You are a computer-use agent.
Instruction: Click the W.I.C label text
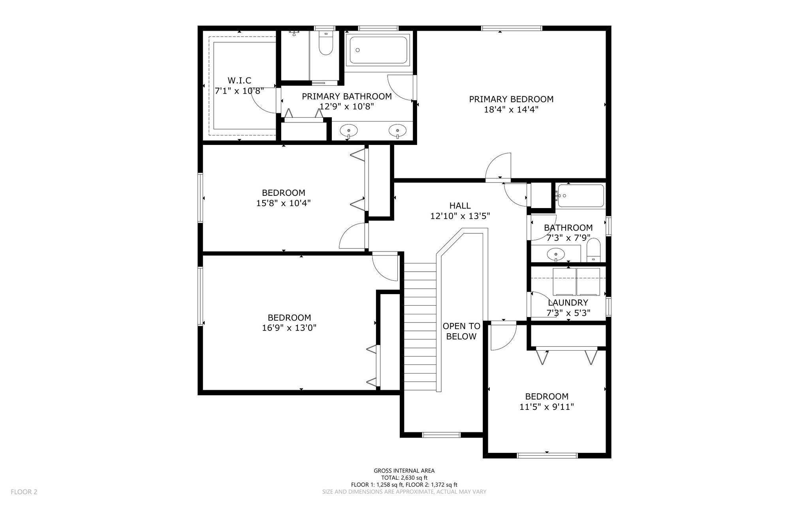click(239, 81)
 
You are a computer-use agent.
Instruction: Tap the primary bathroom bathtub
click(378, 50)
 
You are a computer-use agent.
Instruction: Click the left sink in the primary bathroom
click(349, 130)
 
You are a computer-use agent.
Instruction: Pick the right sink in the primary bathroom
click(397, 130)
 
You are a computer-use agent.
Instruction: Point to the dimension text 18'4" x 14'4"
click(511, 109)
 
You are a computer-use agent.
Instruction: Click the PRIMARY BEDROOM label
click(511, 99)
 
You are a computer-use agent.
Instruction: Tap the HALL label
click(460, 205)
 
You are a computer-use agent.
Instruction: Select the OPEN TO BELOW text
click(461, 331)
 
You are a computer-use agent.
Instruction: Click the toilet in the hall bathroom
click(593, 250)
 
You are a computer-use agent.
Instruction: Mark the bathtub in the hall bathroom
click(580, 195)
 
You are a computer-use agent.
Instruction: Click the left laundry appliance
click(564, 282)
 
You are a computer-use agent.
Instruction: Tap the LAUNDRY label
click(568, 302)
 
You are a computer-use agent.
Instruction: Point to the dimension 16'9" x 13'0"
click(289, 328)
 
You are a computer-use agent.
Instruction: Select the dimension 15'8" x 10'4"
click(284, 203)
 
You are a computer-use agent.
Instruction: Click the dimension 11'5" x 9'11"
click(547, 407)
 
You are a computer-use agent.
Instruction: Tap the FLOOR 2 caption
click(24, 492)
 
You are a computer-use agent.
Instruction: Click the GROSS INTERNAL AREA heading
click(404, 471)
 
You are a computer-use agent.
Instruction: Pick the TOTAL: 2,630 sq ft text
click(404, 478)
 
